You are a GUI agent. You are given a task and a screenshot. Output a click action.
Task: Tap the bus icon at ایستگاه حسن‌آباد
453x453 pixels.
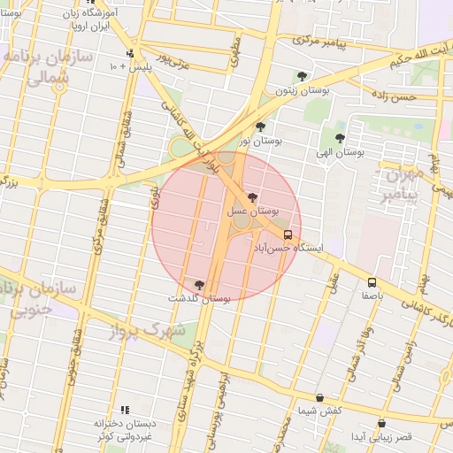(x=288, y=234)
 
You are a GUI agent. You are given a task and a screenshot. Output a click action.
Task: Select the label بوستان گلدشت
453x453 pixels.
(x=199, y=299)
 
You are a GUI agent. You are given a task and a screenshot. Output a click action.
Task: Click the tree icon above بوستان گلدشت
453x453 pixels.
(x=198, y=285)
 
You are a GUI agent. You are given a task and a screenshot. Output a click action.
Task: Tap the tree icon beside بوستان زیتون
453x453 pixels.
(x=303, y=76)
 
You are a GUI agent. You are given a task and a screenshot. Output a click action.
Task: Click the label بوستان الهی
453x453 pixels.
(x=346, y=152)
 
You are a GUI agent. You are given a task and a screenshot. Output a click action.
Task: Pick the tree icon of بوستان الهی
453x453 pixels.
(x=340, y=138)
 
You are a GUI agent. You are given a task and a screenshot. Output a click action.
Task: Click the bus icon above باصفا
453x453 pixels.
(x=372, y=283)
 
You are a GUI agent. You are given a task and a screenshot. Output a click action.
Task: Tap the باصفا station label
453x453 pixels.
(x=371, y=297)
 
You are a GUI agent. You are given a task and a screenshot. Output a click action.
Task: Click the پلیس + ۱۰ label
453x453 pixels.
(x=128, y=66)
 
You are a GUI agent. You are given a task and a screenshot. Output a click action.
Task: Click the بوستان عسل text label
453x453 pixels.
(x=252, y=212)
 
